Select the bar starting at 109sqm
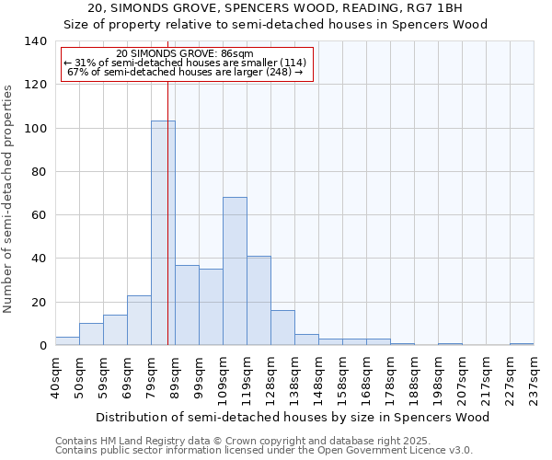tap(235, 271)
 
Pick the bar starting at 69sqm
tap(139, 320)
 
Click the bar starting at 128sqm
tap(282, 328)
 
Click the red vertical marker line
tap(167, 230)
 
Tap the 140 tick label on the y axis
tap(35, 41)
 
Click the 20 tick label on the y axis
tap(39, 303)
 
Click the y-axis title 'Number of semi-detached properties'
tap(8, 198)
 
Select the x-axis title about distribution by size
tap(293, 417)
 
